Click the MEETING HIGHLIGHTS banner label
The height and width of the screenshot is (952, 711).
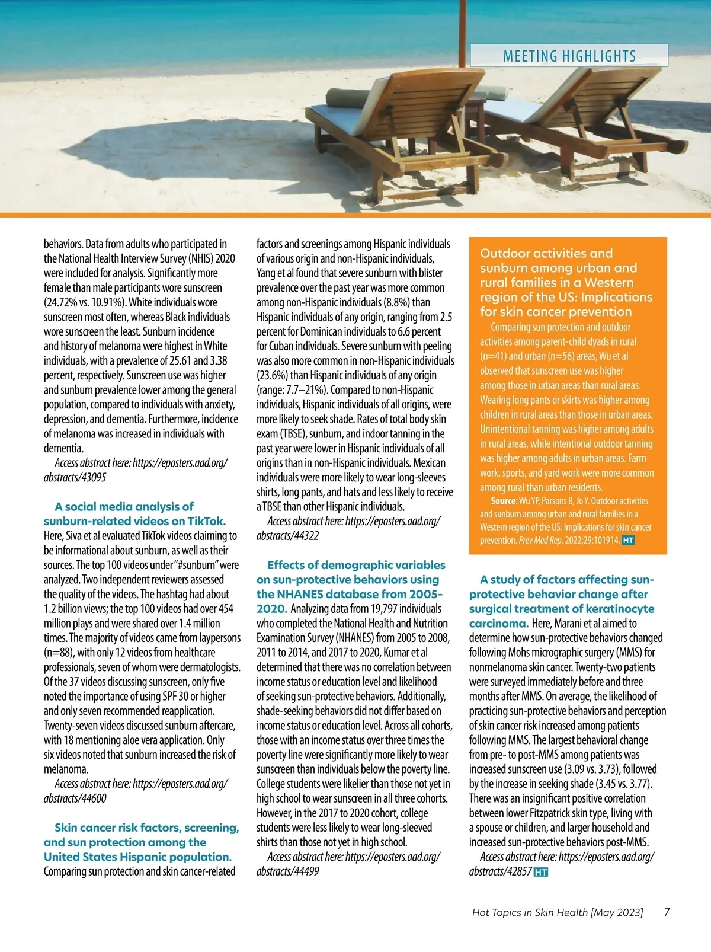tap(569, 56)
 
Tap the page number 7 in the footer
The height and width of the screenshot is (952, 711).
tap(667, 912)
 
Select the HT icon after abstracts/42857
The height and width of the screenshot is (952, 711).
tap(540, 872)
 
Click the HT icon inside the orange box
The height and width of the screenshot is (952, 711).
tap(628, 541)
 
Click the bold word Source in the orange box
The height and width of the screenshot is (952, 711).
tap(503, 501)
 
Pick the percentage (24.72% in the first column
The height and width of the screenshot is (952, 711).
tap(65, 302)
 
